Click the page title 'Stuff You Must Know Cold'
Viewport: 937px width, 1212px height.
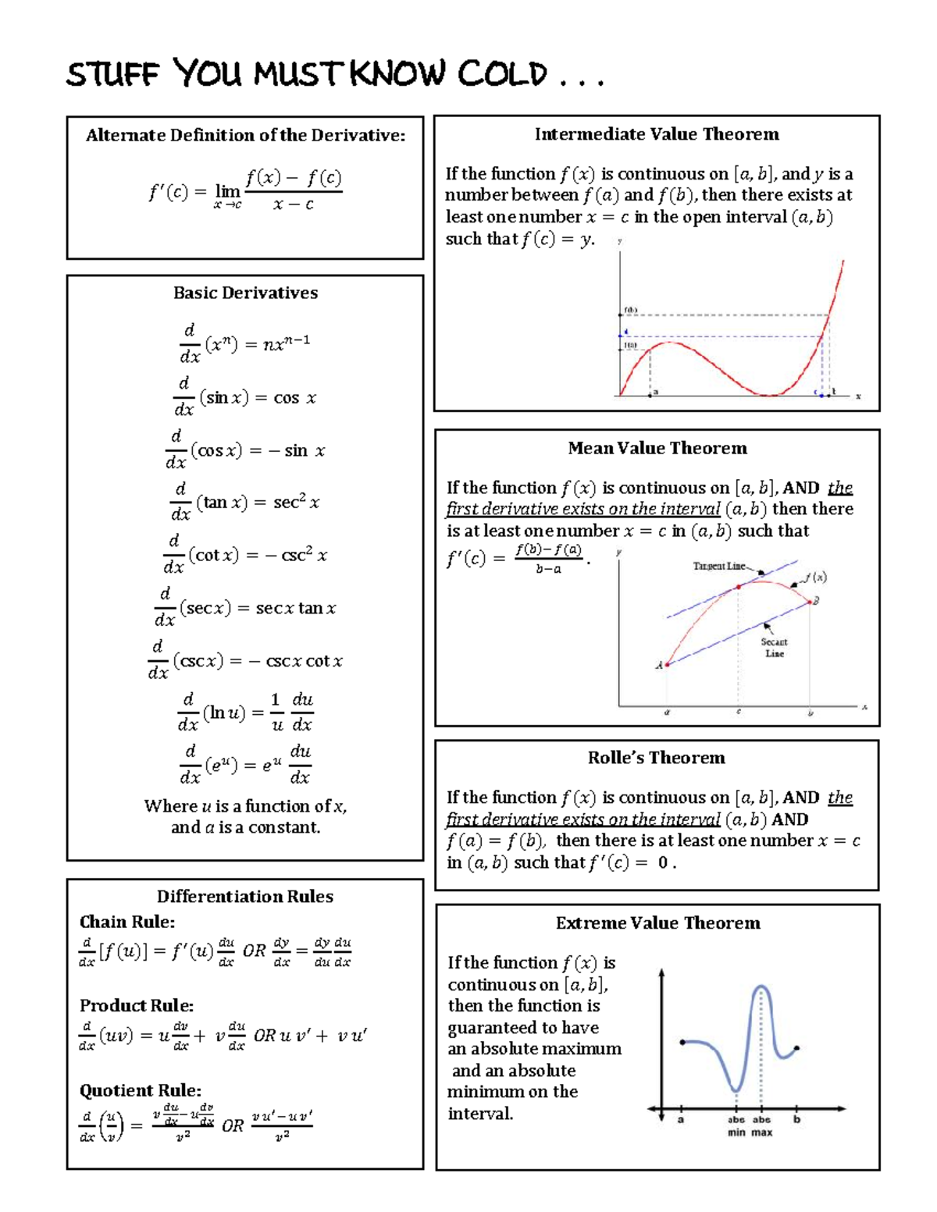335,74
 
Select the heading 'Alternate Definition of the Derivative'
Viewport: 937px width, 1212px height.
245,135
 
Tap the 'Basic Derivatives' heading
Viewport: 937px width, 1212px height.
245,293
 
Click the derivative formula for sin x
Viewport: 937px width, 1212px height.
245,397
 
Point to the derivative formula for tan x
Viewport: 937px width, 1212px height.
245,503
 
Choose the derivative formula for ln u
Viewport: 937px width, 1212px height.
245,712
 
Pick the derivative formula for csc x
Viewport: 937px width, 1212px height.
245,660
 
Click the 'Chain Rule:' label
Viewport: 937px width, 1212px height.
127,922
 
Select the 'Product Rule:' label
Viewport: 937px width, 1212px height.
137,1005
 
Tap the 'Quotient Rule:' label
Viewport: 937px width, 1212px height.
141,1090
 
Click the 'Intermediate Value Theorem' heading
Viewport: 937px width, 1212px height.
657,134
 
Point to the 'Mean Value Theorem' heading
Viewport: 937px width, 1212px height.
657,448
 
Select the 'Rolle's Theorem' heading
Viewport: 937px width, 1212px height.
656,758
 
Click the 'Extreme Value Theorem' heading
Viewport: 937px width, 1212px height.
657,923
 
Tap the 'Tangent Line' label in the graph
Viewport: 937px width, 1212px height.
719,566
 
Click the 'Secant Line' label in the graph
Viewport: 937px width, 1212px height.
775,648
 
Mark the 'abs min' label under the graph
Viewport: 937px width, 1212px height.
736,1125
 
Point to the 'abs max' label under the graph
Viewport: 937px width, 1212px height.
761,1125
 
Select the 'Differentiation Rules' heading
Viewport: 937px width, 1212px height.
245,896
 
